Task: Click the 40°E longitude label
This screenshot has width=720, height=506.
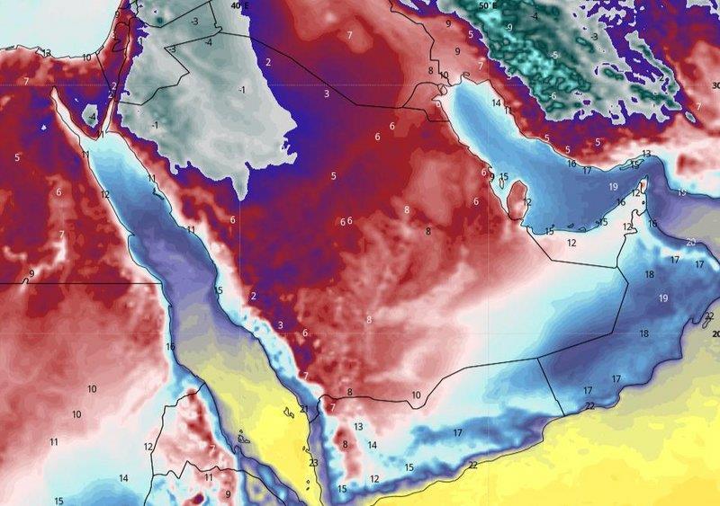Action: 238,5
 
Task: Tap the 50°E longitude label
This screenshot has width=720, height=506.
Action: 487,5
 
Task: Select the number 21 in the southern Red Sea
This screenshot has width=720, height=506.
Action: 304,409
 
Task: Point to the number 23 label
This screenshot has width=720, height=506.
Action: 313,463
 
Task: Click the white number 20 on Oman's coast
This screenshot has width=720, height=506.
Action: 690,242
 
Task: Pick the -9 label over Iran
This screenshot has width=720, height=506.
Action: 508,27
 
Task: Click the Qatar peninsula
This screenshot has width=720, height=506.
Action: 517,193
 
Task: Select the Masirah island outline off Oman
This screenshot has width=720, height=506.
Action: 708,318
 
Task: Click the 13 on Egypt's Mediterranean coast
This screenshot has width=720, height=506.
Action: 47,53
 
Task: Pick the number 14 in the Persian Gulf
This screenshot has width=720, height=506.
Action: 496,103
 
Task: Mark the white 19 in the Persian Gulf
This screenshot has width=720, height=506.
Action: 613,186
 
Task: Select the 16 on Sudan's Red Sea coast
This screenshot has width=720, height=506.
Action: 170,346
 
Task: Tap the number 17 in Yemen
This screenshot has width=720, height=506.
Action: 457,433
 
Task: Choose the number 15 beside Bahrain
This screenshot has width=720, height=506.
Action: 504,177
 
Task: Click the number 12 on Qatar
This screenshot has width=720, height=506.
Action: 527,202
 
